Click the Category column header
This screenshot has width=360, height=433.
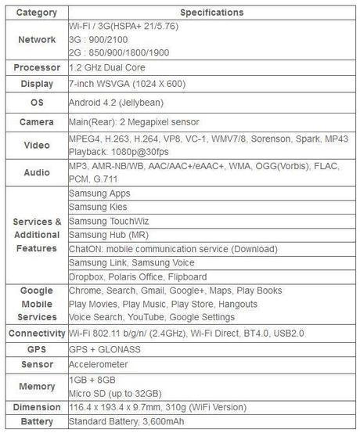(37, 13)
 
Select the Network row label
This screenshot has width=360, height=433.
(37, 39)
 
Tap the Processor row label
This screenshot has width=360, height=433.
(37, 67)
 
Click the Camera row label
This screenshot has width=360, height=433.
(37, 122)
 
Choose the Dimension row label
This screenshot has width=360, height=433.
(37, 407)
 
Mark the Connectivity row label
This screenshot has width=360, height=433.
(37, 334)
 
